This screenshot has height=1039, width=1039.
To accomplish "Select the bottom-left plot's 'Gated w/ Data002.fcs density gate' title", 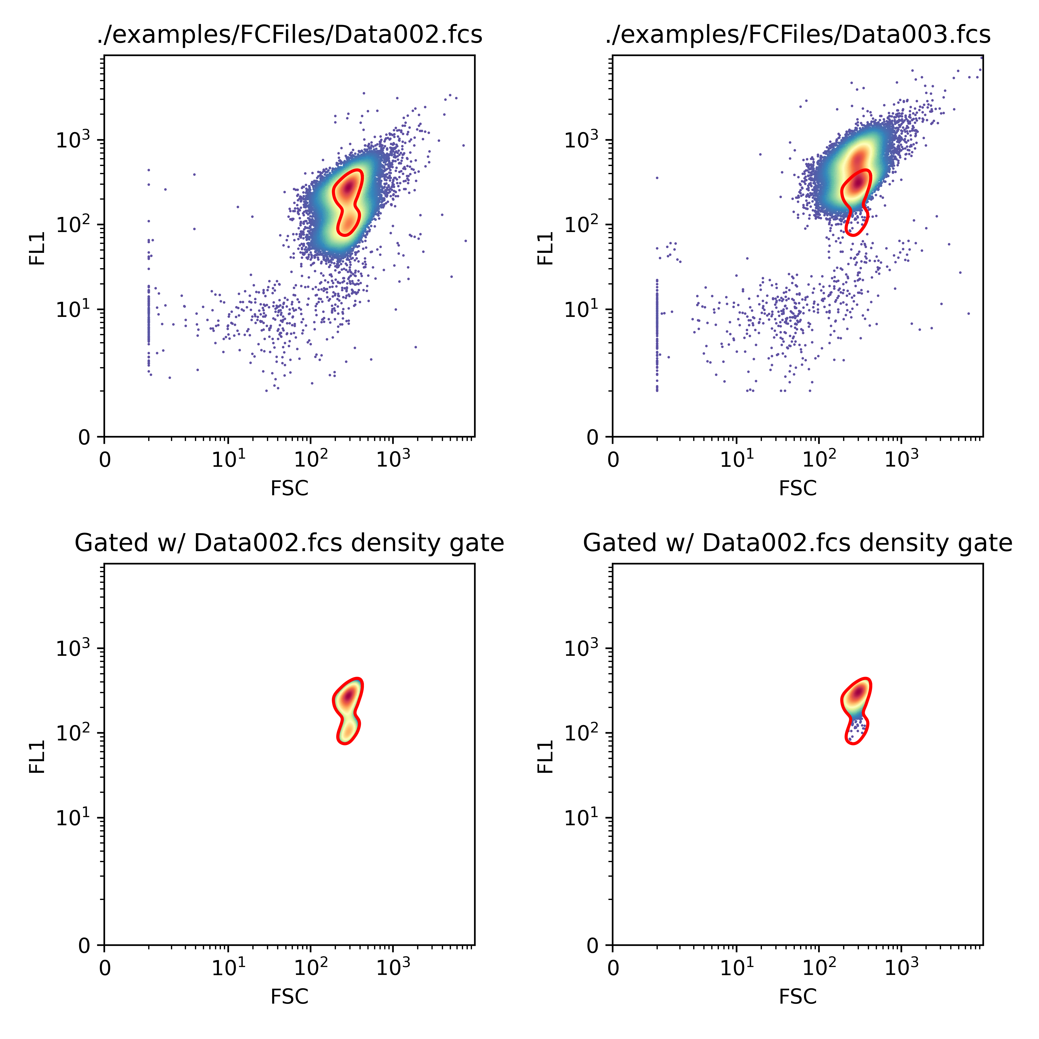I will (x=289, y=543).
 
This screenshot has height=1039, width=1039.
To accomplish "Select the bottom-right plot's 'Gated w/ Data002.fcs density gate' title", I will (x=798, y=543).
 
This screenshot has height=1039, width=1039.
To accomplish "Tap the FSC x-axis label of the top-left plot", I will (x=289, y=488).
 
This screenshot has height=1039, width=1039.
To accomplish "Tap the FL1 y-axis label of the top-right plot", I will (x=545, y=248).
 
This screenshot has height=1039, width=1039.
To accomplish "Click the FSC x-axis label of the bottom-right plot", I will (x=798, y=996).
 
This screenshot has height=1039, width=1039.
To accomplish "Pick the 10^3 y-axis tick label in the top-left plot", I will (x=73, y=140).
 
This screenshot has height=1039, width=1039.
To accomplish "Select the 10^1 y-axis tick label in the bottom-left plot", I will (x=73, y=817).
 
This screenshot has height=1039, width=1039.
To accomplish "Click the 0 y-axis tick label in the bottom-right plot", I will (x=593, y=945).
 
